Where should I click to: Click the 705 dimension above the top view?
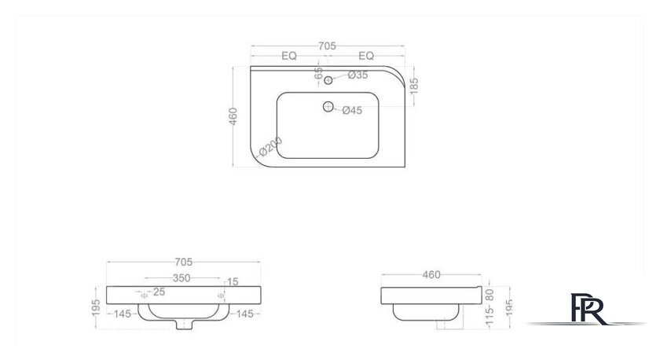click(x=327, y=46)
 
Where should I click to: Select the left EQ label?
click(x=289, y=56)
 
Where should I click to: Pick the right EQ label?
click(x=366, y=56)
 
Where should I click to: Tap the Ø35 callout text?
click(x=357, y=75)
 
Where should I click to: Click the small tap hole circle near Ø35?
click(x=328, y=80)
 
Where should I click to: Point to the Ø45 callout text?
click(x=352, y=110)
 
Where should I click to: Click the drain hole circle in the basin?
click(x=328, y=107)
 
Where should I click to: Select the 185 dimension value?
click(x=414, y=86)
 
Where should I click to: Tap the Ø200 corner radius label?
click(x=271, y=146)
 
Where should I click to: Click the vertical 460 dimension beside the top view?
click(x=233, y=116)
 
